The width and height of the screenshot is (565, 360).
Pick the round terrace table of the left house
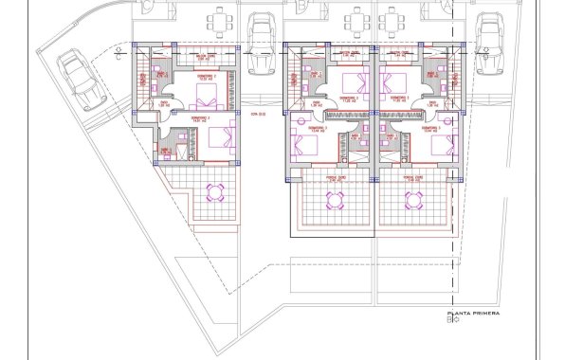tap(216, 193)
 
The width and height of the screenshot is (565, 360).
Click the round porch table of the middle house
tap(335, 199)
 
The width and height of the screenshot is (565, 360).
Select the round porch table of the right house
tap(414, 199)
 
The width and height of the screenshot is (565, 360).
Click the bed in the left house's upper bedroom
tap(209, 96)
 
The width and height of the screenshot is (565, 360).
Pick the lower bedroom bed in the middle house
tap(307, 145)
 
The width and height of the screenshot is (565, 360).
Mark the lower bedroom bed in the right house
tap(441, 145)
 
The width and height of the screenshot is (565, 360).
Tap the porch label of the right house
tap(413, 176)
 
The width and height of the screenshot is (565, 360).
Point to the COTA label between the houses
tap(256, 114)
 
